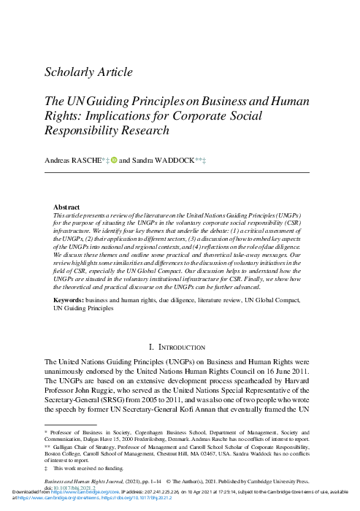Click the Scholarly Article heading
(x=88, y=72)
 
